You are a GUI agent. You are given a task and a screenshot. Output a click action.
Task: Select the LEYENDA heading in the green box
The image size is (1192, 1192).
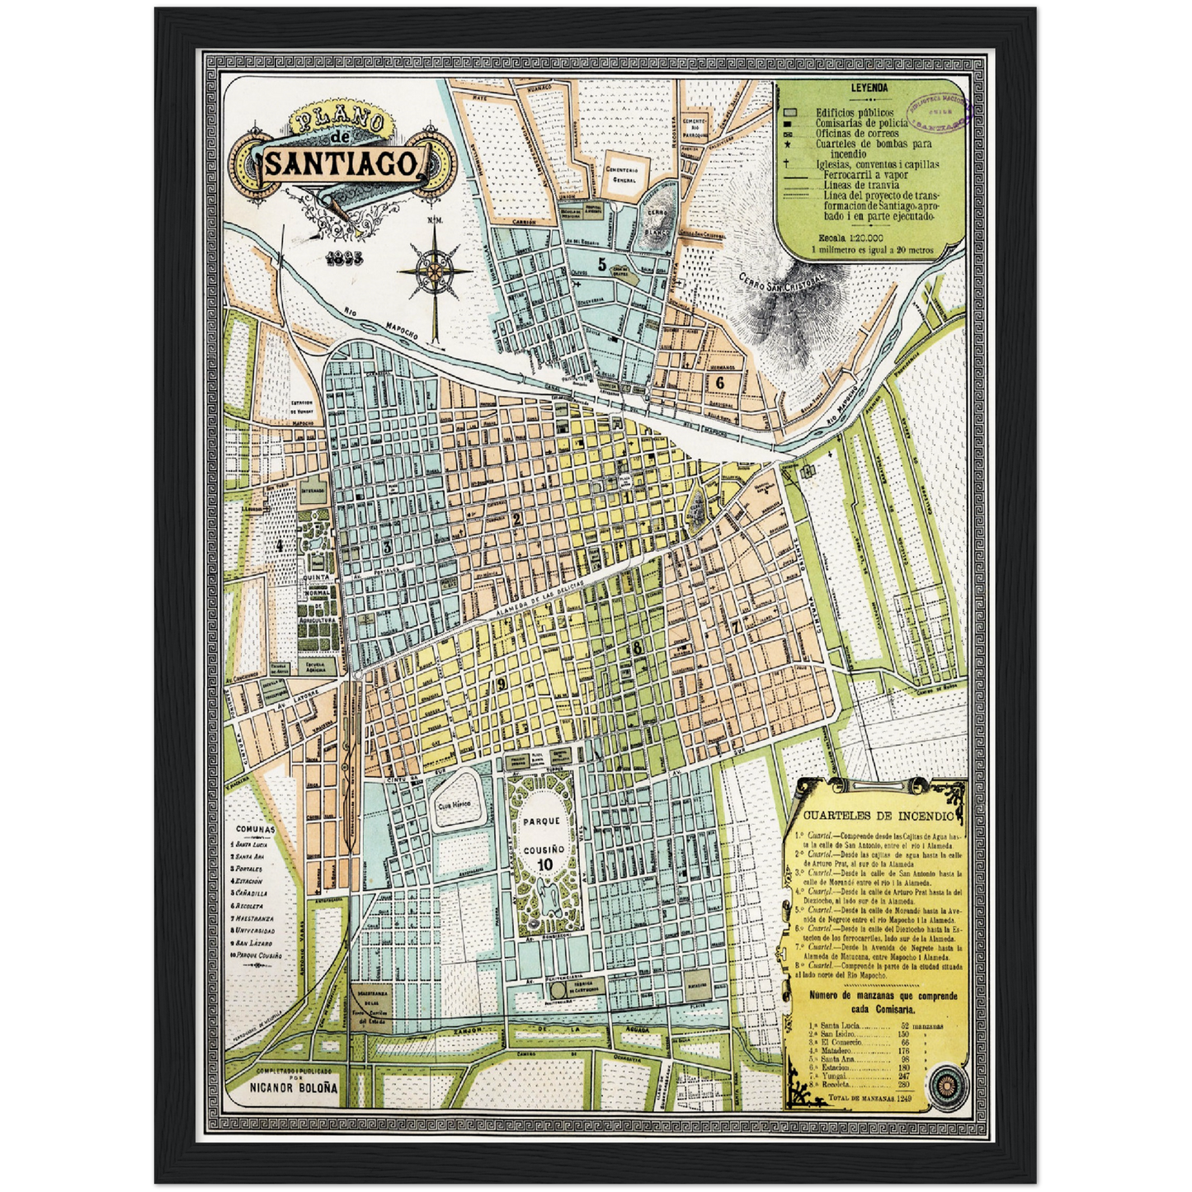coord(869,87)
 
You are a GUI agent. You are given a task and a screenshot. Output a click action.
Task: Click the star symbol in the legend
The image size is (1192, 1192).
coord(789,144)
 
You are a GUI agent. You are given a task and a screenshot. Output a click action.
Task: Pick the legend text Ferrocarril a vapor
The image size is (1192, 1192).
coord(866,175)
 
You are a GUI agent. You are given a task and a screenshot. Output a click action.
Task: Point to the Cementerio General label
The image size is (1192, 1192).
coord(624,174)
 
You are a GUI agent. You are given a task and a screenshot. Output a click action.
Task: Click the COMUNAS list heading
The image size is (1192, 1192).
coord(255,829)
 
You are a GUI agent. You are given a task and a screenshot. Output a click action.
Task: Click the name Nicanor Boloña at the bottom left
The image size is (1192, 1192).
coord(294,1087)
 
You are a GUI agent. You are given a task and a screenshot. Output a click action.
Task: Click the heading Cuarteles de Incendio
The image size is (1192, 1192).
coord(874,816)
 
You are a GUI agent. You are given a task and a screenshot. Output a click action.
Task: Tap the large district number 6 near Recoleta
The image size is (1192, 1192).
coord(719,382)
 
